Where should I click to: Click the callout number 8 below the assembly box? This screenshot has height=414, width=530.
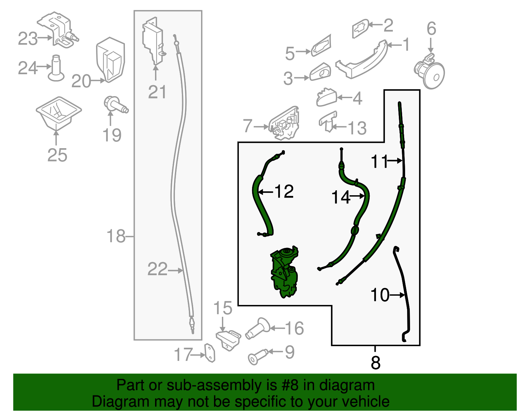point(375,363)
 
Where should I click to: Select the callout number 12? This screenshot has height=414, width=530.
point(284,192)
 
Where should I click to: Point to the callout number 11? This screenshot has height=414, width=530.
point(379,161)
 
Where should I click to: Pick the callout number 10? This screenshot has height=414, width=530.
point(380,295)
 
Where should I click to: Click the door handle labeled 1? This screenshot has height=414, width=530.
point(363,61)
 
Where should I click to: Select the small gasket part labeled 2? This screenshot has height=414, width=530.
point(360,28)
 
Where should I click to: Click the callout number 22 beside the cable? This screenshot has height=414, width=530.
point(157,269)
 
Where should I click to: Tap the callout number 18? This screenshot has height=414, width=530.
point(116,236)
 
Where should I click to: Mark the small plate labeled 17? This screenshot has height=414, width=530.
point(210,353)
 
